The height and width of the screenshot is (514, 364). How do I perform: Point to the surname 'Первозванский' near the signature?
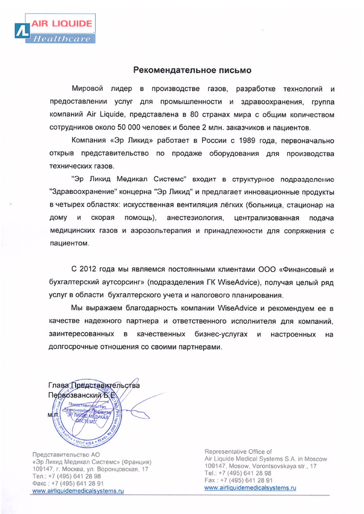point(72,395)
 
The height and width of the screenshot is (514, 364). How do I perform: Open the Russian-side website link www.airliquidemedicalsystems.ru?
point(78,491)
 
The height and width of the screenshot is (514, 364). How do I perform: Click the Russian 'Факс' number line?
point(68,484)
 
